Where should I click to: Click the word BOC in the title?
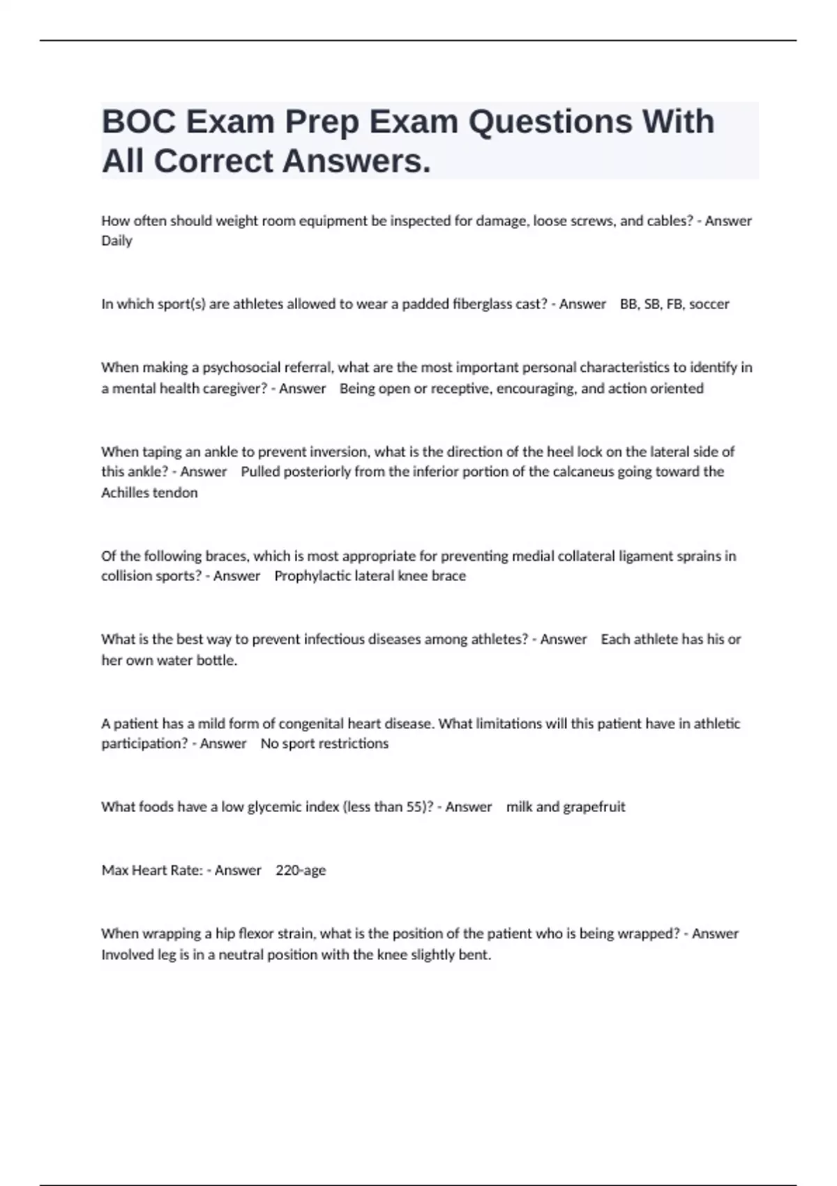(x=138, y=122)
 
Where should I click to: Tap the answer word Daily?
(x=116, y=241)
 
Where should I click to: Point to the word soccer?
(x=709, y=304)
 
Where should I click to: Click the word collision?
(x=127, y=576)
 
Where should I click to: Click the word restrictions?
(x=353, y=744)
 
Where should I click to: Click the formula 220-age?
(x=301, y=871)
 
